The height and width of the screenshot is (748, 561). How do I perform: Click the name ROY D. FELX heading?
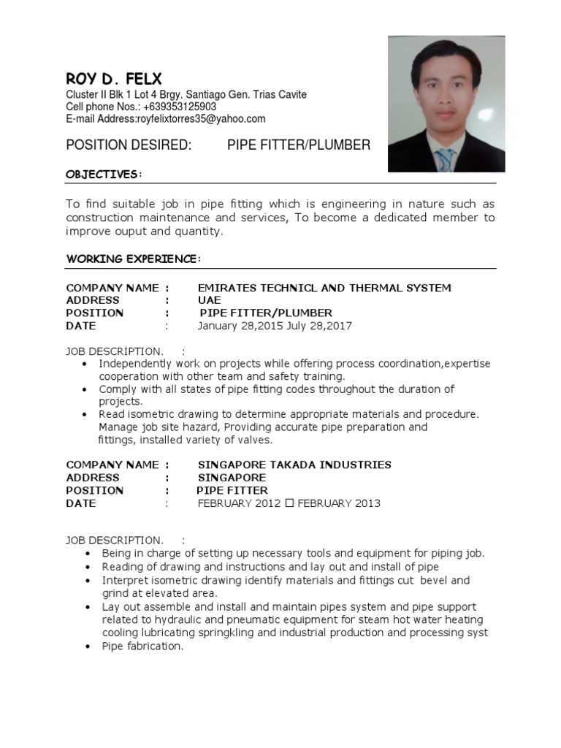[x=114, y=78]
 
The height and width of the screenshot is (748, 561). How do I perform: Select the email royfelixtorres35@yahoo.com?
[x=201, y=118]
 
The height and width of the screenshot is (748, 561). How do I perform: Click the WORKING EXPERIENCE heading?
[x=133, y=259]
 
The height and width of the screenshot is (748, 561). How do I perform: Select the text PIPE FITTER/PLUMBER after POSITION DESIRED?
[x=299, y=145]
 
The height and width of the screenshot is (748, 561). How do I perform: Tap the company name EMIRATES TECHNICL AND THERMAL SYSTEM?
[x=324, y=288]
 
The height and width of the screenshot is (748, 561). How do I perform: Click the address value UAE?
[x=209, y=300]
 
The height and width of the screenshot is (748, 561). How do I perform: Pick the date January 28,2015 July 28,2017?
[x=275, y=326]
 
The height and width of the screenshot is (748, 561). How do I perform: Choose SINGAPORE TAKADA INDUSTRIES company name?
[x=294, y=465]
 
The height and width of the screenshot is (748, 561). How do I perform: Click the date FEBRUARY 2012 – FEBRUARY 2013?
[x=289, y=503]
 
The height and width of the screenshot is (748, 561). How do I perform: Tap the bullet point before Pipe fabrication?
[x=87, y=646]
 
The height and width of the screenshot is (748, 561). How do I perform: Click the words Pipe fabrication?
[x=142, y=646]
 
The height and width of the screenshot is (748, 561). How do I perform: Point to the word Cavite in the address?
[x=291, y=95]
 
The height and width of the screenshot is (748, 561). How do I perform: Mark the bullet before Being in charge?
[x=87, y=554]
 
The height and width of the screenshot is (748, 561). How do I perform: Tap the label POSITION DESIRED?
[x=129, y=145]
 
